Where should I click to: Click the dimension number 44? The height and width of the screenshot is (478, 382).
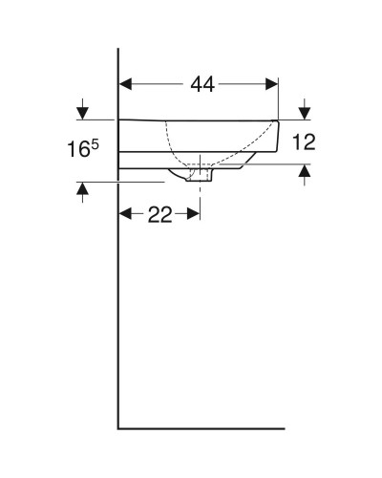[x=202, y=85]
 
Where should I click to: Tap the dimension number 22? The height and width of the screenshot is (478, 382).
[x=159, y=214]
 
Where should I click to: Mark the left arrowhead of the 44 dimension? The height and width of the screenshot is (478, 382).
[x=125, y=84]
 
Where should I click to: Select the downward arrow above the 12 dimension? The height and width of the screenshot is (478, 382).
[x=305, y=107]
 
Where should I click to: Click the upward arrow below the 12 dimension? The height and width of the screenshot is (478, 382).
[x=305, y=173]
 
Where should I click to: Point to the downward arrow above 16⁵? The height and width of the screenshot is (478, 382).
[x=83, y=107]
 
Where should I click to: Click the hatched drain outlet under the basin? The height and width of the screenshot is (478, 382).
[x=200, y=174]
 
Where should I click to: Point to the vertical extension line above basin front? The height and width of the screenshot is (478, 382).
[x=278, y=96]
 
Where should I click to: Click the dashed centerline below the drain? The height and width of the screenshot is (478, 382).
[x=200, y=196]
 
